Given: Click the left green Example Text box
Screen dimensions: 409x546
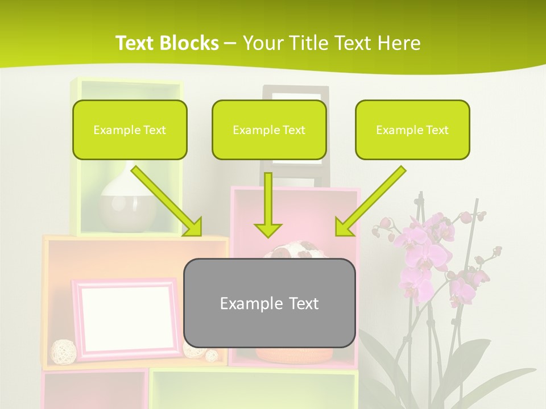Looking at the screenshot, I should (x=130, y=130).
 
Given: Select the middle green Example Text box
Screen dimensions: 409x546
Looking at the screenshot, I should (x=269, y=130).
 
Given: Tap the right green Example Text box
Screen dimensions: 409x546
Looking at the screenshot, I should (x=412, y=130).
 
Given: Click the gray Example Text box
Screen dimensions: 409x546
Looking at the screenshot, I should (x=269, y=303).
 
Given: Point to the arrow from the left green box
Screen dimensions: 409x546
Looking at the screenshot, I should (x=168, y=202).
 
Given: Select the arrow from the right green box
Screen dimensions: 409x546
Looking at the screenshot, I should (x=370, y=202).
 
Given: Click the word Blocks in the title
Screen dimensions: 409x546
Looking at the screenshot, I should (x=189, y=43).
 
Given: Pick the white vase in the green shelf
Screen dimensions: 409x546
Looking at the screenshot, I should (x=127, y=202).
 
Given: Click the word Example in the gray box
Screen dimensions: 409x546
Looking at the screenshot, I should (x=244, y=303).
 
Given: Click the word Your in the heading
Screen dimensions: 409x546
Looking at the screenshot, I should (x=260, y=43).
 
